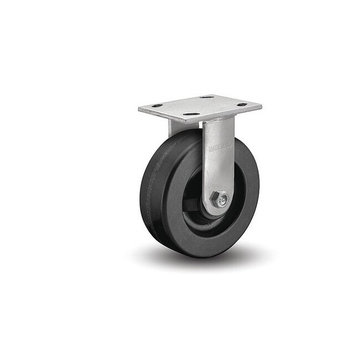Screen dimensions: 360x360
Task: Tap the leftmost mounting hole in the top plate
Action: (157, 106)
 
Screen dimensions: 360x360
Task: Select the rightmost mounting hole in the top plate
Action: (242, 105)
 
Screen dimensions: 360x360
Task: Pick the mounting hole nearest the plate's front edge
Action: (192, 114)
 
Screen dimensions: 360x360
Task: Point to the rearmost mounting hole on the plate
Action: (207, 97)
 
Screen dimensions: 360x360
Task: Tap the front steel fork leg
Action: (218, 165)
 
